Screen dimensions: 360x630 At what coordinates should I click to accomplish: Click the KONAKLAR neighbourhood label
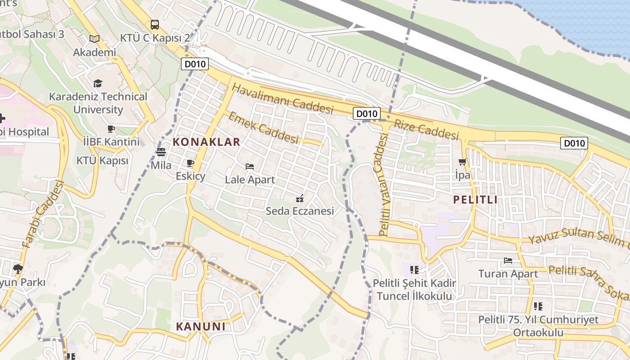207,142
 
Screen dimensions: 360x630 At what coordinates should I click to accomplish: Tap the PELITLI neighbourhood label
475,200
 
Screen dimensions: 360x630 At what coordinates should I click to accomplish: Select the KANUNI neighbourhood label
201,326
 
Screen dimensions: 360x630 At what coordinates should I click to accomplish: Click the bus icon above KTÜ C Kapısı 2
155,25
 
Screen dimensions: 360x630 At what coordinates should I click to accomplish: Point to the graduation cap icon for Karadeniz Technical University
98,83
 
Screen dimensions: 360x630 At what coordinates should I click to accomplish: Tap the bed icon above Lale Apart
250,166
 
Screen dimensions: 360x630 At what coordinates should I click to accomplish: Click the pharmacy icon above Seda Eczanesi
300,198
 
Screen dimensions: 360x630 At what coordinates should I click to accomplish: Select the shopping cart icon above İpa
462,162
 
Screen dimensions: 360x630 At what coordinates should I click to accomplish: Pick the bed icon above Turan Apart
508,261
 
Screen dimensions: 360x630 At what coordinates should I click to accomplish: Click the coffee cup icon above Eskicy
190,163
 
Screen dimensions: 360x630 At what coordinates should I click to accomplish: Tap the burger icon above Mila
161,152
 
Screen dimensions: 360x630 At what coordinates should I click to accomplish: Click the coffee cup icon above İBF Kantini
111,129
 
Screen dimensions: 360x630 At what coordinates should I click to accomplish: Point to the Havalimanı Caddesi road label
283,98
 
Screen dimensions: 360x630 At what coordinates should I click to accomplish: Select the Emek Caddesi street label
264,128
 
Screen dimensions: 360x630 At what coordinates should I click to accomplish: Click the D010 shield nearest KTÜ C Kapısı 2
195,64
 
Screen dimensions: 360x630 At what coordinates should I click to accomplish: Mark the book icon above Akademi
94,39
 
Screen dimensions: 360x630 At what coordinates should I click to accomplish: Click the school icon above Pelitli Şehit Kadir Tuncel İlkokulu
414,270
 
